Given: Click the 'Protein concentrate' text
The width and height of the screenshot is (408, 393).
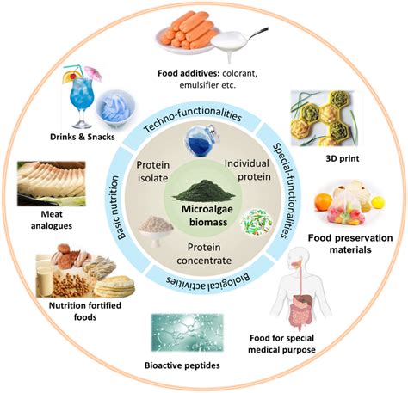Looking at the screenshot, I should pyautogui.click(x=204, y=253).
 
